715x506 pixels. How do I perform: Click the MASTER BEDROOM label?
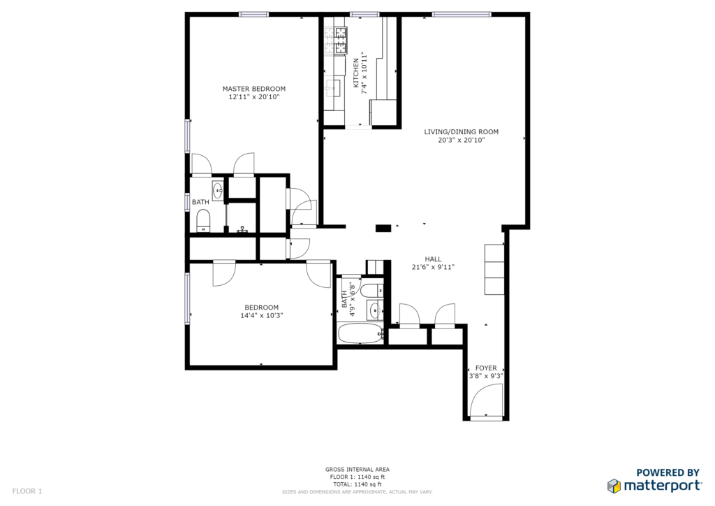254,89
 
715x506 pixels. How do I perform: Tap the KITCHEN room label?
355,73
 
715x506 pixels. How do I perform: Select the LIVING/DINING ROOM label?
462,132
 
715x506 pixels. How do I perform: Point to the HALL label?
433,259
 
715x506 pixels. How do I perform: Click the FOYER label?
486,368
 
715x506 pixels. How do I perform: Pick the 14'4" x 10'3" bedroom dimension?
262,315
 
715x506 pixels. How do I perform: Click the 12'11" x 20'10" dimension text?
254,96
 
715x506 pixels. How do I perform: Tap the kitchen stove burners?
336,41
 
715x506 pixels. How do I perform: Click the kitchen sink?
333,88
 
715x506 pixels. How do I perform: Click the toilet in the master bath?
203,221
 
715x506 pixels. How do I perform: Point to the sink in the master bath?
218,190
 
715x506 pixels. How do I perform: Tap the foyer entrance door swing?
486,400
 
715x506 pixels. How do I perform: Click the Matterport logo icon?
614,486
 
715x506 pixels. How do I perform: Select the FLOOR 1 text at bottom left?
27,491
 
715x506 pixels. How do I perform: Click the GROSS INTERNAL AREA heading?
357,470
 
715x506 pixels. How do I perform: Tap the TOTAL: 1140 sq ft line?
357,484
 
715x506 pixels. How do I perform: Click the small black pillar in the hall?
383,228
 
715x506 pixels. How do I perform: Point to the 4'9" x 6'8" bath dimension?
352,299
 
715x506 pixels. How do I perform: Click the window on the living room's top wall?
462,15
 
